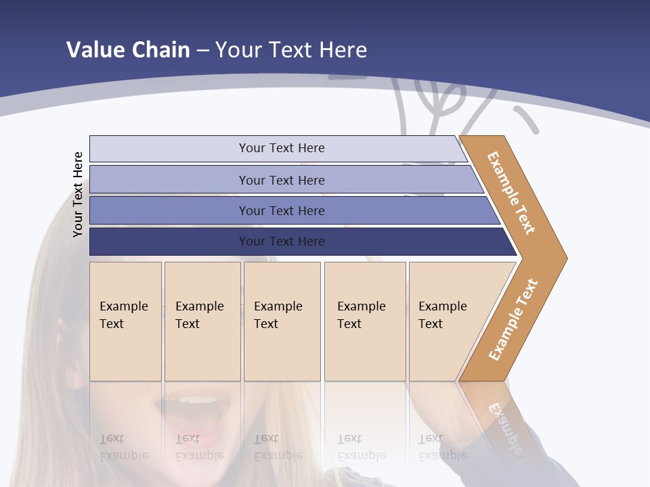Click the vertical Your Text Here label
click(x=79, y=194)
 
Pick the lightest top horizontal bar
click(x=169, y=149)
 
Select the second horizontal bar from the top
click(x=169, y=180)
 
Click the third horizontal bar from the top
click(x=169, y=210)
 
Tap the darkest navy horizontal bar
click(x=169, y=241)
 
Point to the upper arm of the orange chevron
click(x=512, y=193)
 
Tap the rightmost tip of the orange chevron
click(x=563, y=258)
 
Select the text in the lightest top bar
click(x=282, y=148)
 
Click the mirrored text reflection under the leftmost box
click(x=123, y=447)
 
